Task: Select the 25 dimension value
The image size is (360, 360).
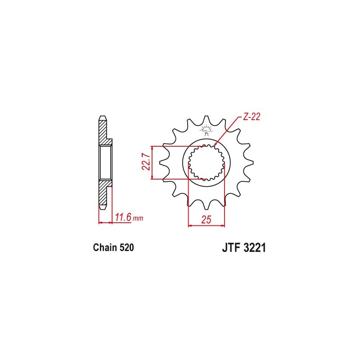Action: pyautogui.click(x=206, y=220)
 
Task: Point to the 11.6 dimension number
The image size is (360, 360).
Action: pyautogui.click(x=123, y=218)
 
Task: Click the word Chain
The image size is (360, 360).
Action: pyautogui.click(x=105, y=247)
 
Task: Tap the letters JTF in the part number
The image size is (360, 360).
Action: pyautogui.click(x=231, y=248)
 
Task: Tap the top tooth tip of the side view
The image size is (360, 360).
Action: pyautogui.click(x=103, y=119)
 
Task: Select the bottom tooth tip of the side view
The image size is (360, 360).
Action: pyautogui.click(x=103, y=207)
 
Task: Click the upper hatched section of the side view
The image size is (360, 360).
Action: pyautogui.click(x=103, y=133)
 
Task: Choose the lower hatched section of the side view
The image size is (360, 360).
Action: pyautogui.click(x=103, y=193)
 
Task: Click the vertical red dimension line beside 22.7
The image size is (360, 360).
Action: pyautogui.click(x=153, y=163)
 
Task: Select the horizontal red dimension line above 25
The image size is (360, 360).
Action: pyautogui.click(x=206, y=225)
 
